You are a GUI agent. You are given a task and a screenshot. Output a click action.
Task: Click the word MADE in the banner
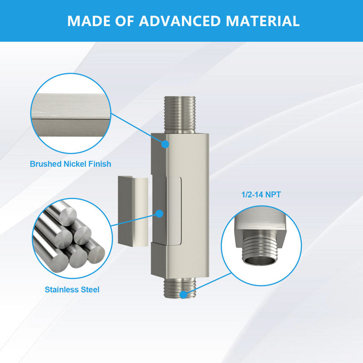click(x=89, y=21)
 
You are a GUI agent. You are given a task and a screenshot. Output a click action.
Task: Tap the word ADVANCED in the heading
click(x=180, y=21)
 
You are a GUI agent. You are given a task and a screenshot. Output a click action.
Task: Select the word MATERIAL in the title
click(x=263, y=21)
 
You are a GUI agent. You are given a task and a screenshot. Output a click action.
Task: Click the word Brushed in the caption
click(x=46, y=164)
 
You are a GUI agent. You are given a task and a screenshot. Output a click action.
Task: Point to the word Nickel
click(x=75, y=164)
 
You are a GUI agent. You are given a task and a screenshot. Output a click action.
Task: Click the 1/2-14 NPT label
click(x=261, y=195)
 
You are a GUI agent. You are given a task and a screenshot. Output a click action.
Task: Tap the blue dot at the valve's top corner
click(x=165, y=144)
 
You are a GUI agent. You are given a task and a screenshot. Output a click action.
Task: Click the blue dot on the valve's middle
click(x=159, y=214)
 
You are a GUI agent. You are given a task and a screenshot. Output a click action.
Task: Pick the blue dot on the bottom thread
click(x=183, y=294)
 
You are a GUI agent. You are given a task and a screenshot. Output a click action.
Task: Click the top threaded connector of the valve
click(x=180, y=115)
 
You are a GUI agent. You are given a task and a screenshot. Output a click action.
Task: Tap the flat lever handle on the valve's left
click(x=133, y=211)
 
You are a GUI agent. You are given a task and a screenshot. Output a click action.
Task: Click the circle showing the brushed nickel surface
click(x=71, y=113)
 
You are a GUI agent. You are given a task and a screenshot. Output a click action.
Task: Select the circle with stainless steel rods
click(x=72, y=239)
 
